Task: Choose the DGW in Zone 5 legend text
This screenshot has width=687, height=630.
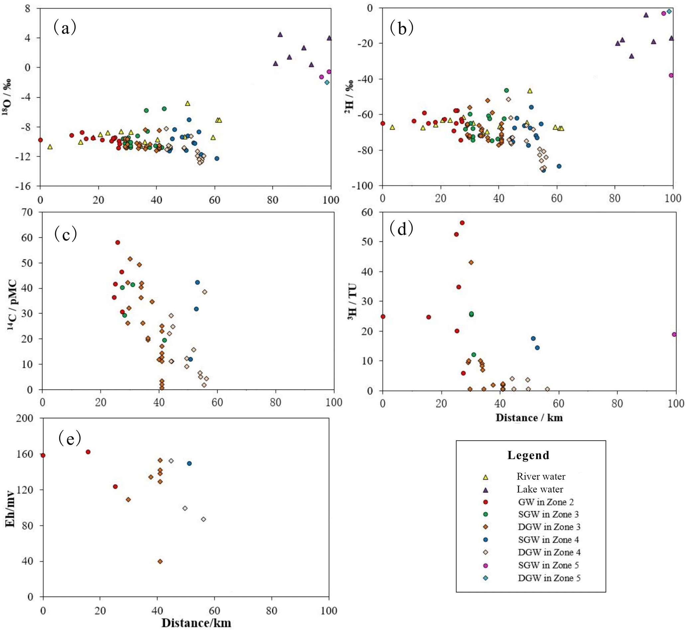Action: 549,578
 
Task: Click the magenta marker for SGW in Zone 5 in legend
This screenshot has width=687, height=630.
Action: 486,565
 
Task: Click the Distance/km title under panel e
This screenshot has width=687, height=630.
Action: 196,623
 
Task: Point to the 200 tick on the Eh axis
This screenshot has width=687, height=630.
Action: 27,418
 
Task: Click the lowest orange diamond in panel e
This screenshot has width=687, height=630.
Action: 160,561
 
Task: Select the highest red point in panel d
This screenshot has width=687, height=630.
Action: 462,223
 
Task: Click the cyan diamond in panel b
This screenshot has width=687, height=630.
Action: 669,11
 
